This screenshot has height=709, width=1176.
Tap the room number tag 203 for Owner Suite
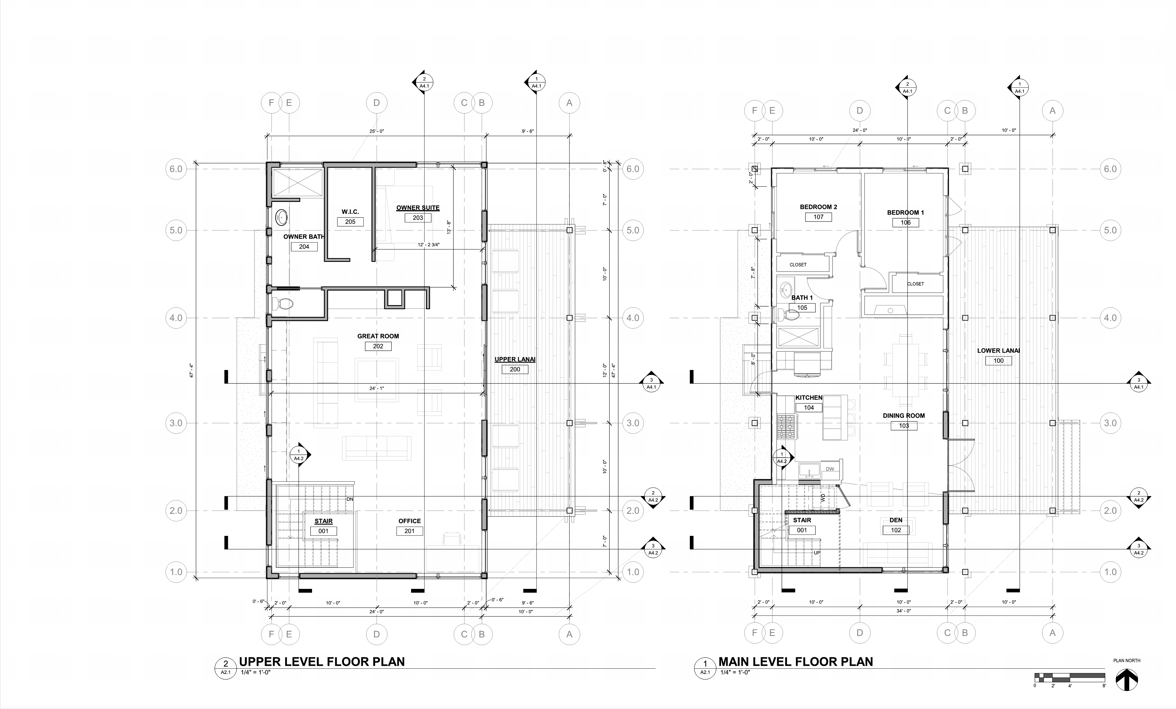pyautogui.click(x=418, y=218)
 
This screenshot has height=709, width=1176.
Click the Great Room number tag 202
pyautogui.click(x=378, y=346)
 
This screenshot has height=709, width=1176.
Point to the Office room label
pyautogui.click(x=410, y=521)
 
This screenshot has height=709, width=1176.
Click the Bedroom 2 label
pyautogui.click(x=818, y=207)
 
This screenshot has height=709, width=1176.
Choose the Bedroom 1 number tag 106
pyautogui.click(x=905, y=222)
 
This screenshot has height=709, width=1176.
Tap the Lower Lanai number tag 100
pyautogui.click(x=998, y=360)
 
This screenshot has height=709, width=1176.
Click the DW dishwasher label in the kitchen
pyautogui.click(x=830, y=469)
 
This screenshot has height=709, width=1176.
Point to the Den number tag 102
pyautogui.click(x=896, y=530)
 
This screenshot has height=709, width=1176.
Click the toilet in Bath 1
pyautogui.click(x=789, y=315)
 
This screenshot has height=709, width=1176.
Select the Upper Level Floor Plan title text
pyautogui.click(x=322, y=662)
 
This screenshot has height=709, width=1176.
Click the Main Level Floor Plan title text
pyautogui.click(x=796, y=662)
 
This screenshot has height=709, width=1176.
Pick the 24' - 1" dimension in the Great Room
pyautogui.click(x=377, y=388)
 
